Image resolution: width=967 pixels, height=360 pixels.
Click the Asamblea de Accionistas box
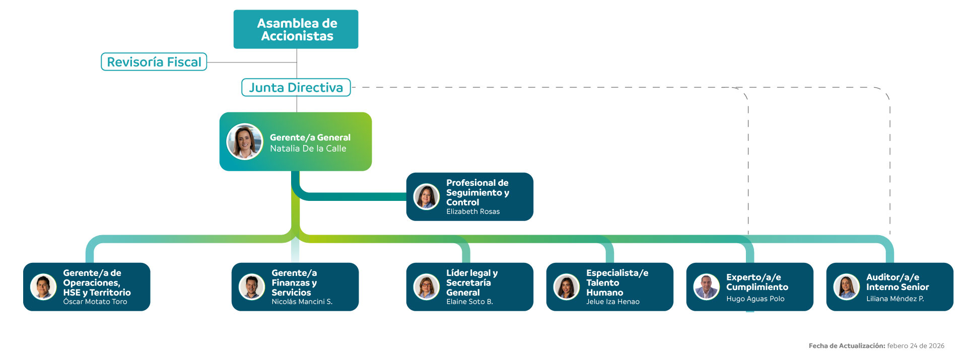tap(296, 29)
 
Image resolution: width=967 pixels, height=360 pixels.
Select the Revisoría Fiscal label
tap(154, 62)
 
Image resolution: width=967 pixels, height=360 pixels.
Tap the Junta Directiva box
tap(296, 88)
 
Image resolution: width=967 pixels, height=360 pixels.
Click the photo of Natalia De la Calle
tap(245, 141)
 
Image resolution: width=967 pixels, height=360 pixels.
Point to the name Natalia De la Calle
tap(308, 149)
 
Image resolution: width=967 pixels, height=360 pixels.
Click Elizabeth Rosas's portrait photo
tap(427, 196)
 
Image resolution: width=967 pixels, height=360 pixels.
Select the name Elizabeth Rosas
tap(472, 211)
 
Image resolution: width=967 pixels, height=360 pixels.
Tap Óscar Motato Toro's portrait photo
tap(43, 286)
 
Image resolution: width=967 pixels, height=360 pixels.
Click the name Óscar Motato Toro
tap(95, 302)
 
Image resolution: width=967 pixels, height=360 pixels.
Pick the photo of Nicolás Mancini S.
tap(252, 286)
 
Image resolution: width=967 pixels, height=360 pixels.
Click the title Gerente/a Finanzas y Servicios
tap(294, 282)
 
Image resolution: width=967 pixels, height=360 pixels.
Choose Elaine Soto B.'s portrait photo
tap(427, 286)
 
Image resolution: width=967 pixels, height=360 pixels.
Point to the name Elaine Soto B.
tap(469, 302)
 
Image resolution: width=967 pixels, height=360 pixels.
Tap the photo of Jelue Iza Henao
tap(567, 286)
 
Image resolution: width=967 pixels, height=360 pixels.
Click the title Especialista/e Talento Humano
tap(616, 282)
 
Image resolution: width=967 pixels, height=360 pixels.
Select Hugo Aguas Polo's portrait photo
tap(707, 286)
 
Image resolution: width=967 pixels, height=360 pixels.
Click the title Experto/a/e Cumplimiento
tap(757, 282)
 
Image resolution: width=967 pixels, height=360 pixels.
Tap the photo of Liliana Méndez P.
tap(847, 286)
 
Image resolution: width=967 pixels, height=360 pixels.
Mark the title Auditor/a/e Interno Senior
tap(897, 282)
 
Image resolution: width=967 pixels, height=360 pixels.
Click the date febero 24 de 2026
tap(916, 346)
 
